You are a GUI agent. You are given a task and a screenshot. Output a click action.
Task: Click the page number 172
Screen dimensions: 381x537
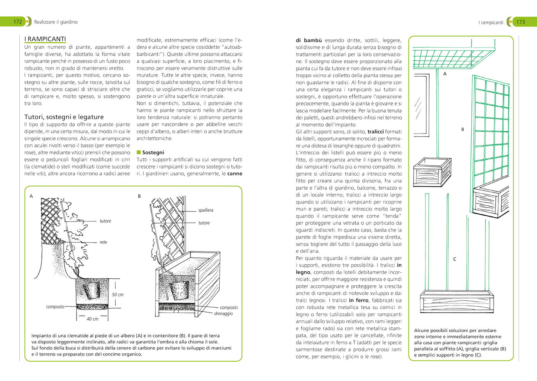click(x=17, y=22)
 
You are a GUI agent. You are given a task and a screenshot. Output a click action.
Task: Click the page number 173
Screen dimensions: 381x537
click(x=521, y=22)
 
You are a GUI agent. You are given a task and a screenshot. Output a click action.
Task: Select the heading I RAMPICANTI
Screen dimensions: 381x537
click(x=45, y=39)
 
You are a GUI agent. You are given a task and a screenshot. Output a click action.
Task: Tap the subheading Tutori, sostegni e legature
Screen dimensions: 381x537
click(x=64, y=117)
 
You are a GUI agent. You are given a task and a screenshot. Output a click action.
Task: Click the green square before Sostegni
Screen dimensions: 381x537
click(x=139, y=152)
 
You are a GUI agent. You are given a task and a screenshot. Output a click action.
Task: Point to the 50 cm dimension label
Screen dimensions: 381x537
click(x=117, y=294)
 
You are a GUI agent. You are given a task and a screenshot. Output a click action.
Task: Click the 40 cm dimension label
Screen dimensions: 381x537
click(x=93, y=319)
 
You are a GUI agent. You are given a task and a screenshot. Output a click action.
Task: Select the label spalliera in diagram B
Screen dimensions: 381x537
click(x=206, y=210)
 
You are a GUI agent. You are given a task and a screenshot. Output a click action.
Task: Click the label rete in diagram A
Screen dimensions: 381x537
click(x=103, y=242)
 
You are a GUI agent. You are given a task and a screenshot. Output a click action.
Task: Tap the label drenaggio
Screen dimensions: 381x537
click(x=223, y=314)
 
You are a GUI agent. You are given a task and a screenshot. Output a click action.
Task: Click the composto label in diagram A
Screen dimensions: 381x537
click(x=55, y=307)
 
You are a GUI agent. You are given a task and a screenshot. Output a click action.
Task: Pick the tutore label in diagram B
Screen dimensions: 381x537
click(x=204, y=223)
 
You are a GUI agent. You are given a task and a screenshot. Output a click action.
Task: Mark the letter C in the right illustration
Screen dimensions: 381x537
click(x=454, y=259)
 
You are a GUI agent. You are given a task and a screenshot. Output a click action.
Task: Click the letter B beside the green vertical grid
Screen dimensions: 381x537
click(x=462, y=129)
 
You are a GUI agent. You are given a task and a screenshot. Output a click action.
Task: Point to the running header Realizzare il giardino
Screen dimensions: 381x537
click(x=56, y=22)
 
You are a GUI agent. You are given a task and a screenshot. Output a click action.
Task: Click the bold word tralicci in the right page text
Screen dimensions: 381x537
click(x=375, y=132)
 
